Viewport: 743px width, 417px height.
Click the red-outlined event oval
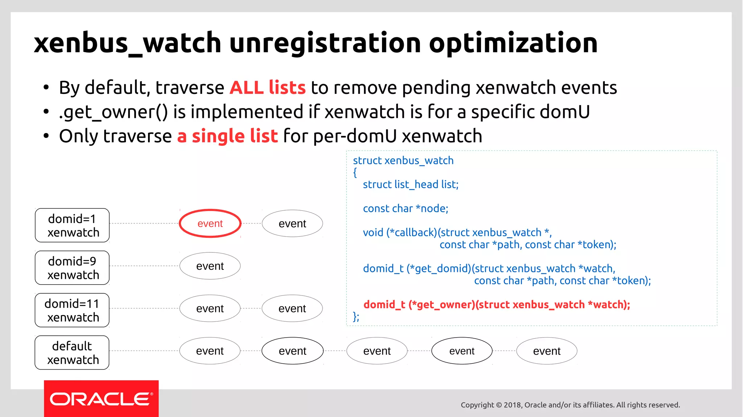pyautogui.click(x=210, y=223)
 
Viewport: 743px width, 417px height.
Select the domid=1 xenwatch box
pyautogui.click(x=72, y=225)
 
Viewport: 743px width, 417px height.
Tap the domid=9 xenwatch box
pyautogui.click(x=72, y=268)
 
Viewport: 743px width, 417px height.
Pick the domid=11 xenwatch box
pyautogui.click(x=72, y=310)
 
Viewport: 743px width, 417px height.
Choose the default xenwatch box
pyautogui.click(x=72, y=352)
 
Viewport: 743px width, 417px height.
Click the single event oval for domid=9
pyautogui.click(x=210, y=266)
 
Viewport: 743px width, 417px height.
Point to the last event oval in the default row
pyautogui.click(x=547, y=351)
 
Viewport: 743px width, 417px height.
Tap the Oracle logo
pyautogui.click(x=101, y=399)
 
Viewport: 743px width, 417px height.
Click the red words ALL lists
pyautogui.click(x=268, y=88)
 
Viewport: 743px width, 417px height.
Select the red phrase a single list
pyautogui.click(x=227, y=136)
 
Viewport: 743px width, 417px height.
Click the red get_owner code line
pyautogui.click(x=497, y=304)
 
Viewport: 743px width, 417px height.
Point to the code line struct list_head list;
pyautogui.click(x=411, y=184)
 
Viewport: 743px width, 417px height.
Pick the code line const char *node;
pyautogui.click(x=406, y=208)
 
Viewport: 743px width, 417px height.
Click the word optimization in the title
pyautogui.click(x=513, y=43)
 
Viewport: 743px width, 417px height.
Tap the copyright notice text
pyautogui.click(x=570, y=405)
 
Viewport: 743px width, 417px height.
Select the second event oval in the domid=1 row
pyautogui.click(x=292, y=223)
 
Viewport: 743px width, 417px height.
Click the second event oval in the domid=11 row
pyautogui.click(x=292, y=308)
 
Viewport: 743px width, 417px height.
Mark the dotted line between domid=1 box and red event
pyautogui.click(x=144, y=223)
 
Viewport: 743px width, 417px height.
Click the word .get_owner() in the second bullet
pyautogui.click(x=113, y=112)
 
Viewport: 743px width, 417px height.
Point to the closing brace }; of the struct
pyautogui.click(x=356, y=317)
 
